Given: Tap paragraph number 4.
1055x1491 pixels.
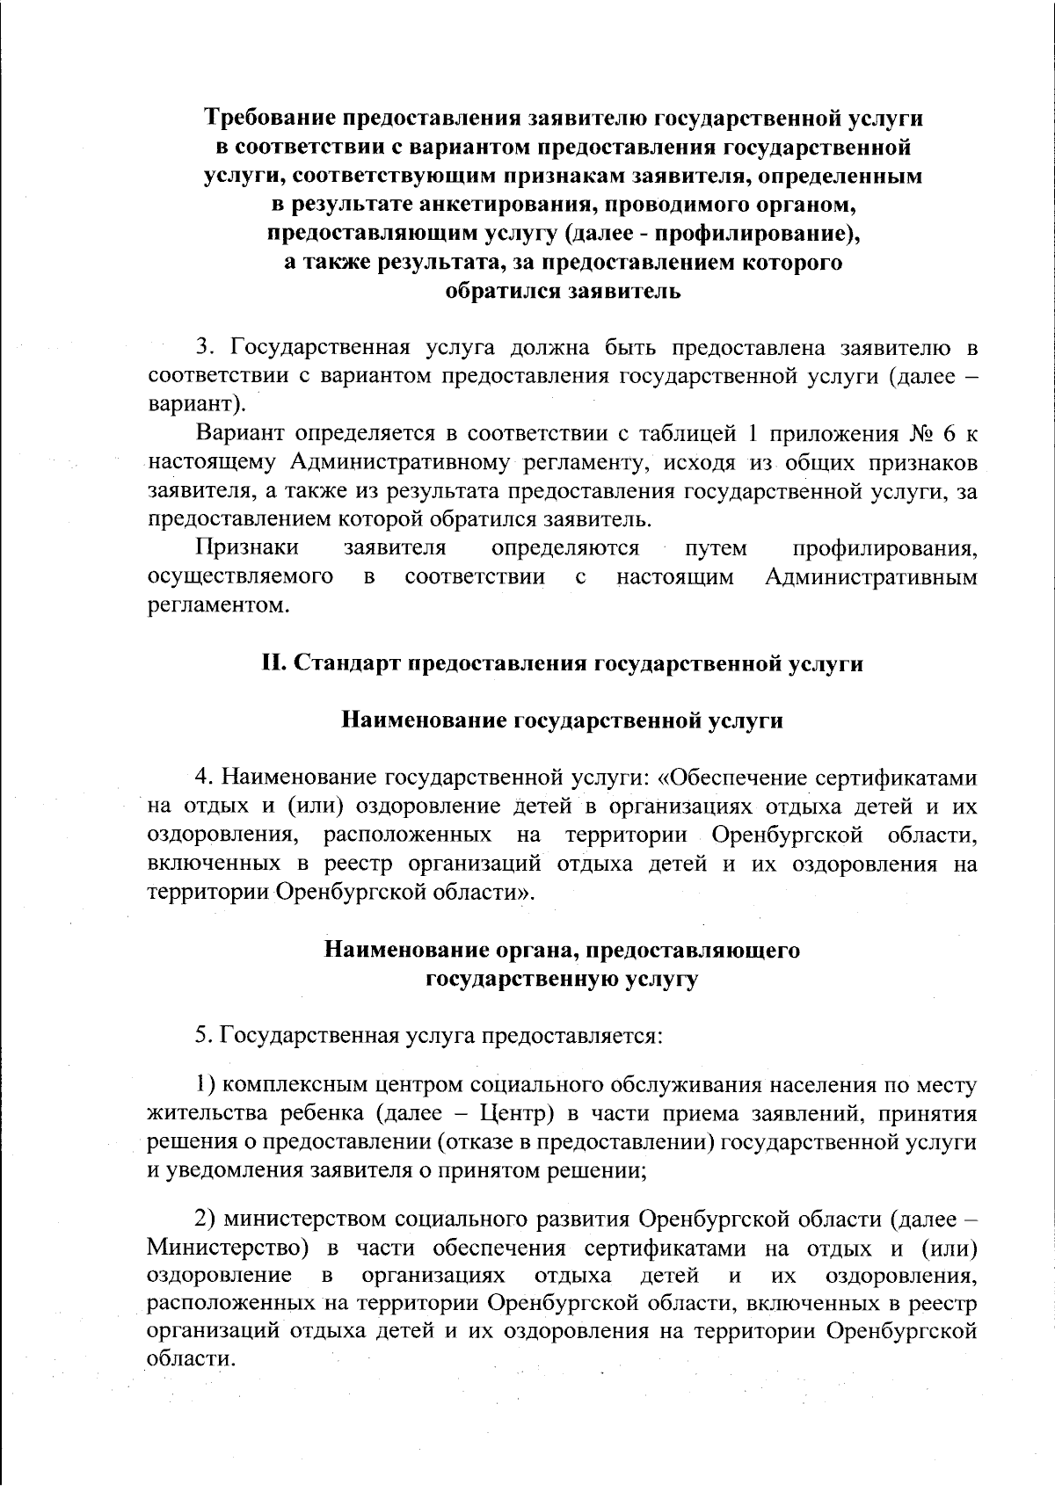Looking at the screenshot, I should pyautogui.click(x=201, y=778).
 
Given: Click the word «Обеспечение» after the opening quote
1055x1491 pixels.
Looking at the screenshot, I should pyautogui.click(x=741, y=778).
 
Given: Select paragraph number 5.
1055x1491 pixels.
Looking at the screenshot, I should pyautogui.click(x=201, y=1035).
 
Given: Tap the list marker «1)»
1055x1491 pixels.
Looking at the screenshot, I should pyautogui.click(x=204, y=1086).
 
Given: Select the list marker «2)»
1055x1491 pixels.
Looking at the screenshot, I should pyautogui.click(x=205, y=1220).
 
